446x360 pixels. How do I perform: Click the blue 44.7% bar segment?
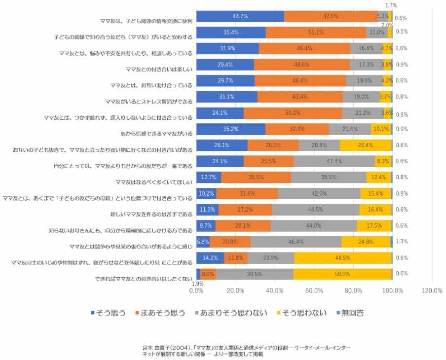[240, 16]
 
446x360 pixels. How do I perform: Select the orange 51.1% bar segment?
[316, 33]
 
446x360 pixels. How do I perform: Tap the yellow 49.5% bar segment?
[343, 257]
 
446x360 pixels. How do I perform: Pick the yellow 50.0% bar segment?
[343, 274]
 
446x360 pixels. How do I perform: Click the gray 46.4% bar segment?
[296, 242]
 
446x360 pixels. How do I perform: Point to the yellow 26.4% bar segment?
[366, 145]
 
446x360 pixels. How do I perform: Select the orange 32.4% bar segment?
[297, 129]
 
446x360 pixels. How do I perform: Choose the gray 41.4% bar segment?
[334, 161]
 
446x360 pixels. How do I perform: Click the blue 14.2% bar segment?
[210, 257]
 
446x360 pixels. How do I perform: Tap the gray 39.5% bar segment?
[255, 274]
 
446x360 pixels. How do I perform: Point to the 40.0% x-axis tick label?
[275, 290]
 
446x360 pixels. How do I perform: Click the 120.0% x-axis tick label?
[432, 290]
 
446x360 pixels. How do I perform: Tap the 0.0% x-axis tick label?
[196, 290]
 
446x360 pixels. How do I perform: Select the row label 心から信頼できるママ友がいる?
[156, 133]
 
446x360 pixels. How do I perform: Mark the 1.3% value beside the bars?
[401, 241]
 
